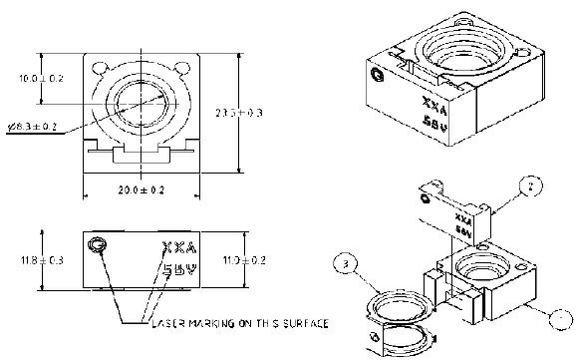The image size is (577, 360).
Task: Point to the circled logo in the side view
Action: (x=98, y=244)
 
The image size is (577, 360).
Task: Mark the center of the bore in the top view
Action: (x=140, y=103)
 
